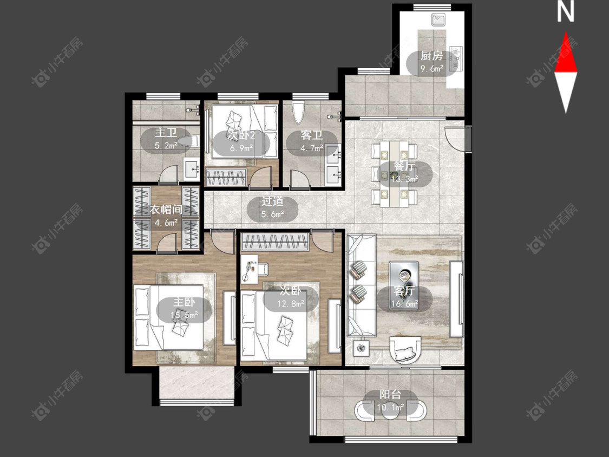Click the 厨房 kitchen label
[x=431, y=56]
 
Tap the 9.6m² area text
[x=432, y=69]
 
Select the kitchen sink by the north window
[x=440, y=19]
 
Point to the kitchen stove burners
[x=456, y=58]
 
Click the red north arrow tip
[x=566, y=32]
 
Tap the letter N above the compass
[x=566, y=12]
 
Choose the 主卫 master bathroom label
[x=166, y=133]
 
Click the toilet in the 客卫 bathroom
[x=299, y=112]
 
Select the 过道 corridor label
[x=272, y=201]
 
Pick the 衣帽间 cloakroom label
[x=166, y=210]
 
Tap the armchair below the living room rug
[x=405, y=349]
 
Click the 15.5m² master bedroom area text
[x=184, y=315]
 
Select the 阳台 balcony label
[x=390, y=395]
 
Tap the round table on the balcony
[x=390, y=412]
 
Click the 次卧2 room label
[x=241, y=135]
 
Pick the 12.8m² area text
[x=291, y=304]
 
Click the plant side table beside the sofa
[x=362, y=348]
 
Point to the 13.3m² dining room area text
[x=404, y=179]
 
